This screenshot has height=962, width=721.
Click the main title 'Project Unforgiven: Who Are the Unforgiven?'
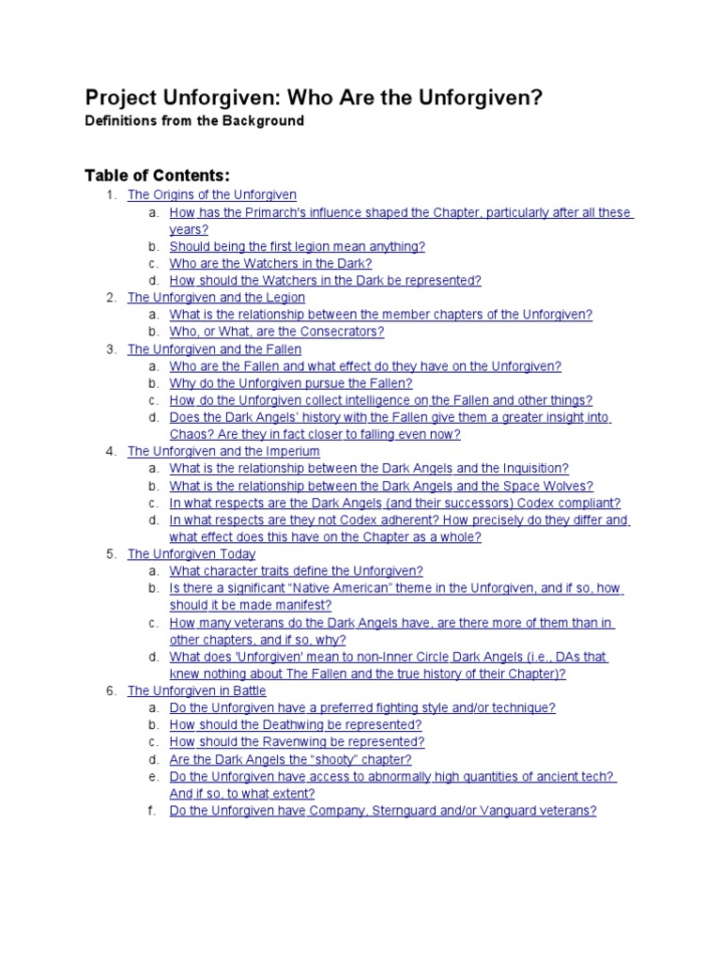coord(314,99)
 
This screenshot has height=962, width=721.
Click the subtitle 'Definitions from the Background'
coord(194,121)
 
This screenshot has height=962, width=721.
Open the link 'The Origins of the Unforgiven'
coord(212,194)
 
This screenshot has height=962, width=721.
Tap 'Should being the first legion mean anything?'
coord(297,246)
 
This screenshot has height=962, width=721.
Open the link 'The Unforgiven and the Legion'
coord(216,298)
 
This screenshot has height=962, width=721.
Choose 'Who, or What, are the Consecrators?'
coord(277,332)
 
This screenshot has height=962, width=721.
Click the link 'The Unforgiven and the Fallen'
coord(213,349)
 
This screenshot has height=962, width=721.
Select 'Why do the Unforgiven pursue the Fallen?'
coord(290,383)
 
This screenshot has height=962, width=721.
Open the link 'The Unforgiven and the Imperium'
coord(223,452)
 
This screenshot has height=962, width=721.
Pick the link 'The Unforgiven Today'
coord(192,554)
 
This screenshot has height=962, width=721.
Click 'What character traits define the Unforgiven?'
coord(296,571)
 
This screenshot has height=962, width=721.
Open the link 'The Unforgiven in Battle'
coord(197,691)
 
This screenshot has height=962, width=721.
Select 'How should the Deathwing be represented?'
coord(295,725)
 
